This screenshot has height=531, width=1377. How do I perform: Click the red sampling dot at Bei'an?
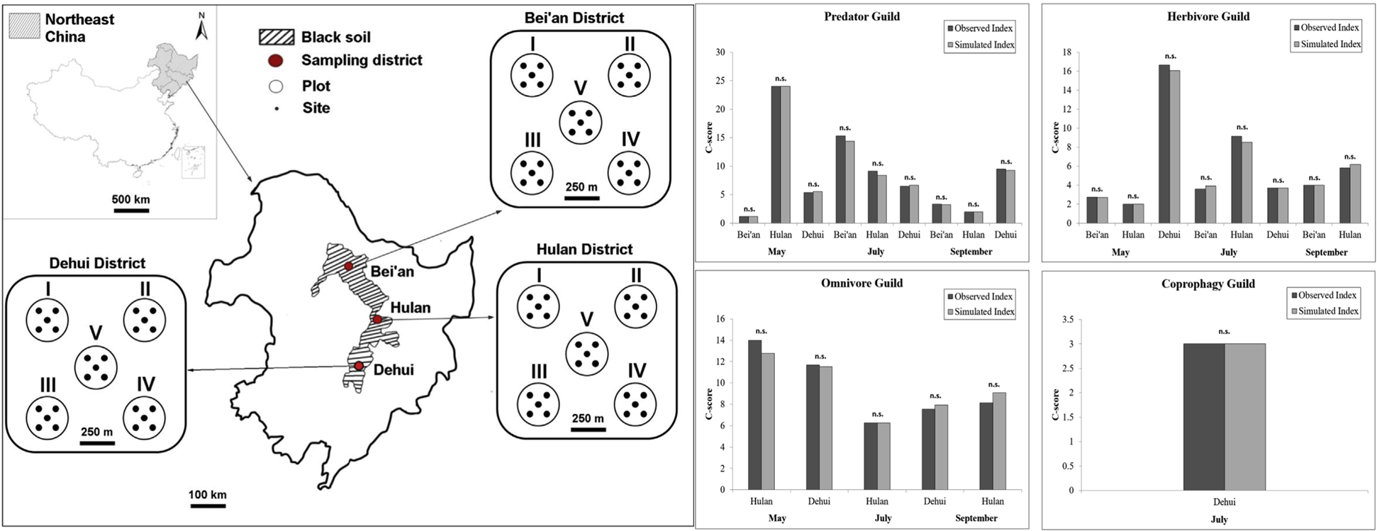pyautogui.click(x=348, y=266)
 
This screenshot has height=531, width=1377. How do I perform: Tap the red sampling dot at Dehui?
pyautogui.click(x=359, y=366)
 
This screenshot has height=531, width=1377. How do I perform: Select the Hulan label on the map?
pyautogui.click(x=410, y=308)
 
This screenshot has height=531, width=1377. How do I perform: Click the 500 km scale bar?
pyautogui.click(x=130, y=210)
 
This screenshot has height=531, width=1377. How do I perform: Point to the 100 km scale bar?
pyautogui.click(x=207, y=506)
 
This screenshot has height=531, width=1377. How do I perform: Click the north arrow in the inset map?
pyautogui.click(x=201, y=27)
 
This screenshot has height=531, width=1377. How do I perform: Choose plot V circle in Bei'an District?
pyautogui.click(x=580, y=122)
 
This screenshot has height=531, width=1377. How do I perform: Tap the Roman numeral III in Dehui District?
pyautogui.click(x=48, y=385)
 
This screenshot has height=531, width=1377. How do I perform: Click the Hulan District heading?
pyautogui.click(x=584, y=250)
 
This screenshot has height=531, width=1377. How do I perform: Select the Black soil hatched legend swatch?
pyautogui.click(x=277, y=38)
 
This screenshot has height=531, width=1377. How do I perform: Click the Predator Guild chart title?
pyautogui.click(x=862, y=16)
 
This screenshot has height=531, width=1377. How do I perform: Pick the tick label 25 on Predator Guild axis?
pyautogui.click(x=720, y=81)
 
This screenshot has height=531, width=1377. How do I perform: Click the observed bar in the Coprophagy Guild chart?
pyautogui.click(x=1203, y=417)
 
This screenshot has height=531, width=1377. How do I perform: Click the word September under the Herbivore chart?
pyautogui.click(x=1326, y=252)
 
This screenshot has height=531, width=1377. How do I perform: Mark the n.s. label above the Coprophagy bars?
pyautogui.click(x=1224, y=332)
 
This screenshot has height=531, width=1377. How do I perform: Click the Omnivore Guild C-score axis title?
pyautogui.click(x=708, y=403)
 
